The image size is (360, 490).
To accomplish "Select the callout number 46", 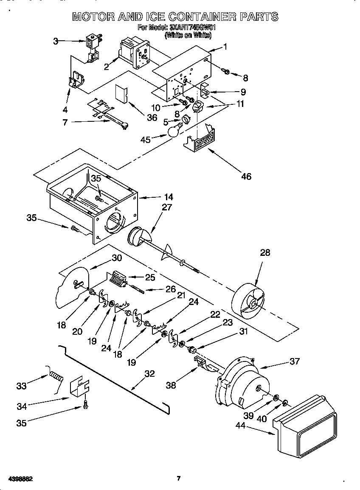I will (x=246, y=176).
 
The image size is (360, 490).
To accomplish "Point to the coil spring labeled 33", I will (x=56, y=375).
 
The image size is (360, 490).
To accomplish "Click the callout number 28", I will (x=264, y=253).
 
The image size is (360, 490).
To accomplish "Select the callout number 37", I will (x=294, y=361).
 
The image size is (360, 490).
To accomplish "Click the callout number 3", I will (x=56, y=41).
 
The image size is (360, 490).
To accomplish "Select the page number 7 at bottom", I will (x=179, y=479).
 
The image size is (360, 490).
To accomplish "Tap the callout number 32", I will (x=149, y=374).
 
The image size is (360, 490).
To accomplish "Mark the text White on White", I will (x=188, y=36).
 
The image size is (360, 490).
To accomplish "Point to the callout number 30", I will (x=117, y=258).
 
